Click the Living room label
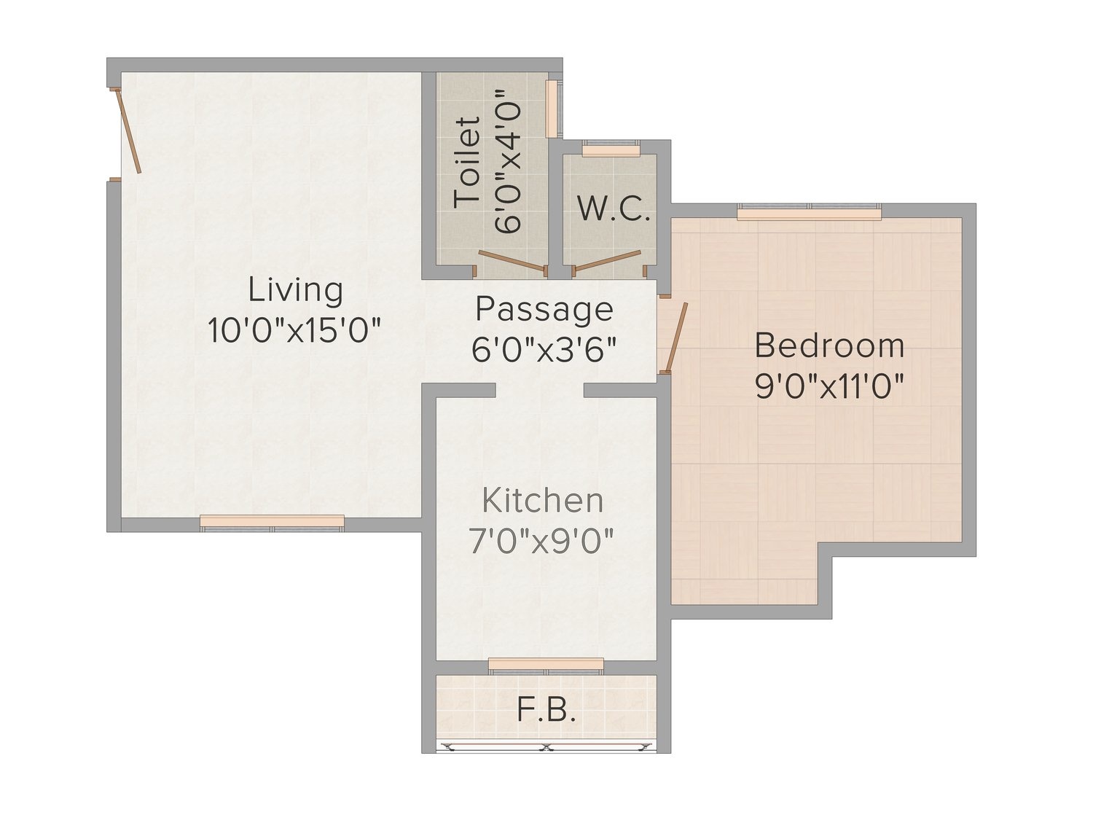(295, 292)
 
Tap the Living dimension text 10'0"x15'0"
(294, 330)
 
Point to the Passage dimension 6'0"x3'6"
(544, 350)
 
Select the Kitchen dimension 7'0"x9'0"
(542, 541)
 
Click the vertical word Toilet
(467, 163)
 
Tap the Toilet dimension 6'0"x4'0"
(508, 161)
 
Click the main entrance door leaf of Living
(128, 130)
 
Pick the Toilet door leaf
(512, 260)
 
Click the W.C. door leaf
(607, 260)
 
